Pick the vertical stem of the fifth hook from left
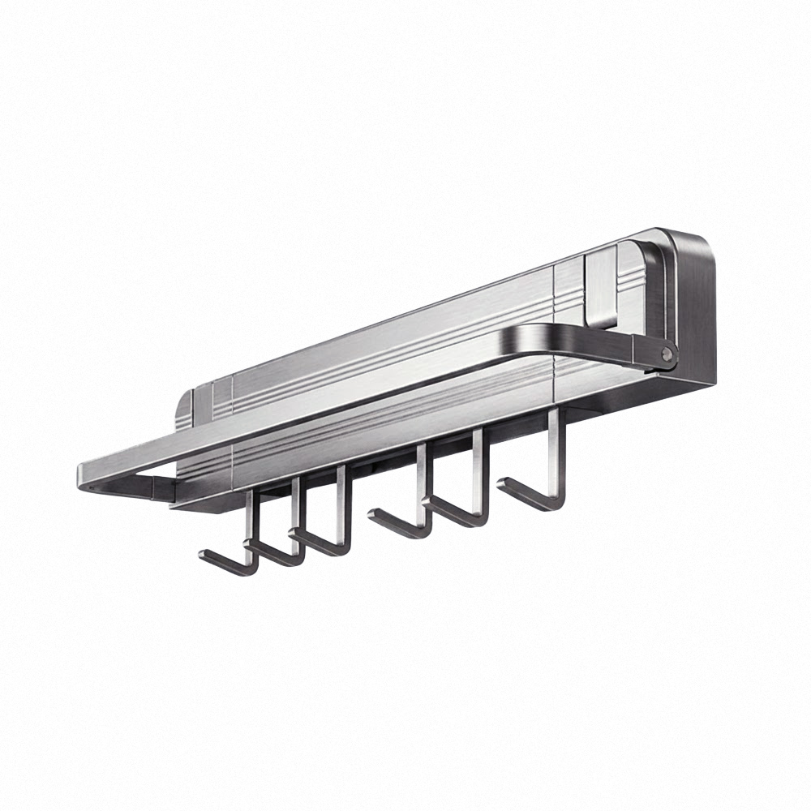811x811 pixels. [478, 470]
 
